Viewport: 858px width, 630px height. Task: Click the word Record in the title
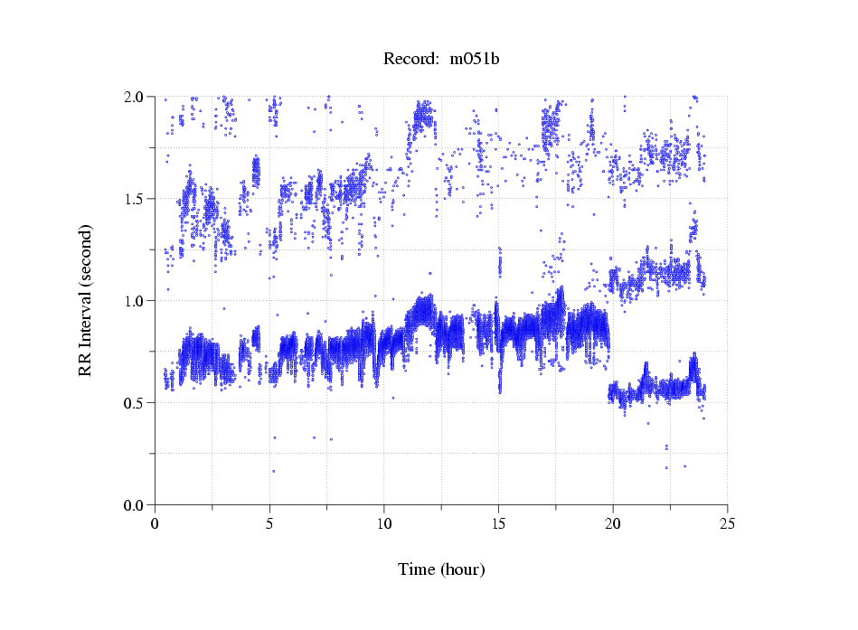point(409,60)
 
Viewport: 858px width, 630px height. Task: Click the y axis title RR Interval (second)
point(86,300)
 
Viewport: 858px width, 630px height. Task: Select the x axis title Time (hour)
point(441,570)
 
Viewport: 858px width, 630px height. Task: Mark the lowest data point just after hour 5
point(274,471)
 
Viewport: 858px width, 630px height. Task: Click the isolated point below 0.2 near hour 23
point(684,466)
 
